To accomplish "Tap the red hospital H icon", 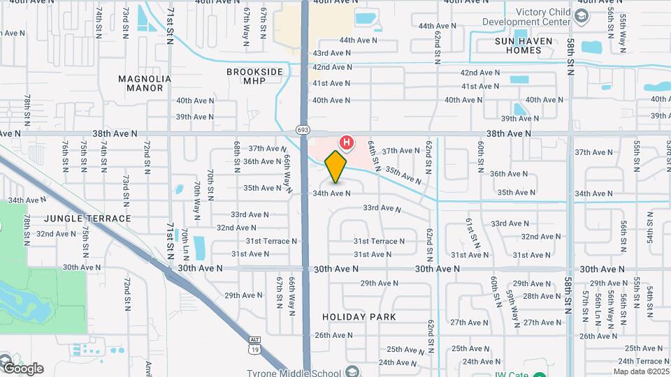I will (x=345, y=143).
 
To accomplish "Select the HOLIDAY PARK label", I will (x=359, y=317).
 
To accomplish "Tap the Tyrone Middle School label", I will (x=292, y=372).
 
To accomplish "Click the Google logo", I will (x=22, y=368).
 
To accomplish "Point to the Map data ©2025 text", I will (x=642, y=371).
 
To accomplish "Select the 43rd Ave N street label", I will (x=331, y=53).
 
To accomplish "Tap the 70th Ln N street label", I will (x=185, y=241).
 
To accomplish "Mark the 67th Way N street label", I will (x=247, y=27).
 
